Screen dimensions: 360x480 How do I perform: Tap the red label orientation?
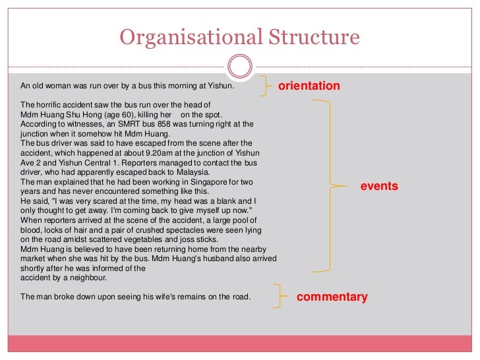point(309,86)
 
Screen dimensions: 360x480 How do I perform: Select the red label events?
point(379,187)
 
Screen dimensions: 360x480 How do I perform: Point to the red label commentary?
point(332,297)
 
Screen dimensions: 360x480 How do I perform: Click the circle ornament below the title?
point(239,65)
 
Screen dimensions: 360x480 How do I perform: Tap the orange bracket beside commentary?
point(280,297)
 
